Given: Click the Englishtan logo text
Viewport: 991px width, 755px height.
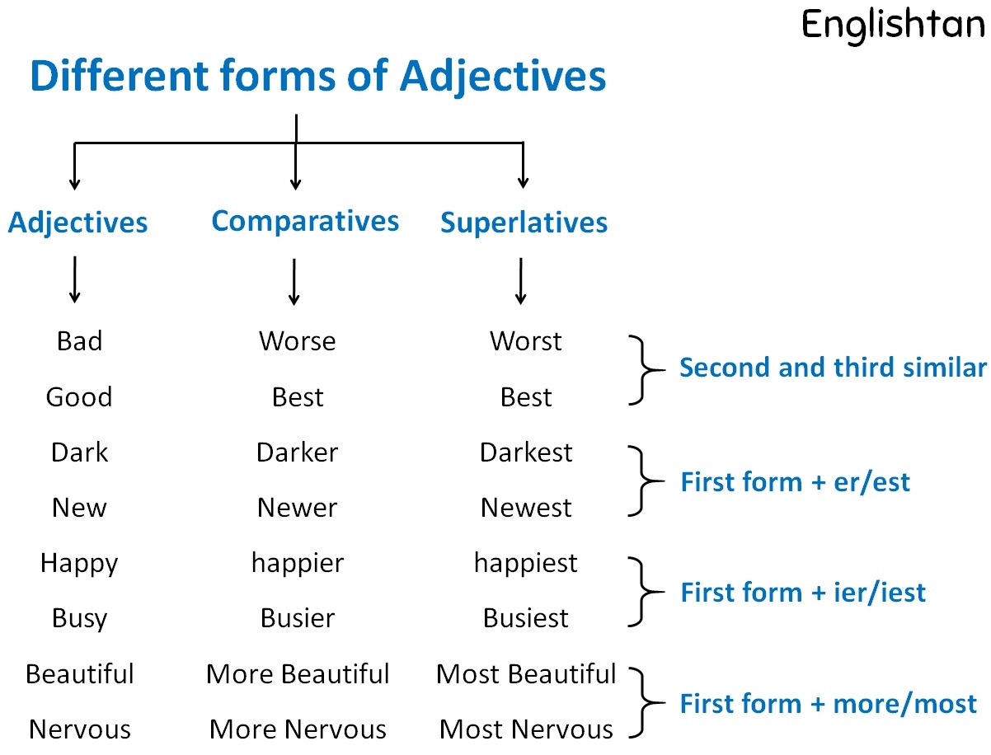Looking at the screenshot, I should coord(893,24).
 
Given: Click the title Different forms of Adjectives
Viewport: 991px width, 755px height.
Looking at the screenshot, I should coord(317,77).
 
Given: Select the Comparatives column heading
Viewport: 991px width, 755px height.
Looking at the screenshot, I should coord(305,221).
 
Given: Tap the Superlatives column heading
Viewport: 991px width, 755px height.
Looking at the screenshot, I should coord(524,223).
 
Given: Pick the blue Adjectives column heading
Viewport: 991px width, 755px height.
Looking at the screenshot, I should coord(78,223).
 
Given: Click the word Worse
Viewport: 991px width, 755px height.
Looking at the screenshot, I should coord(297,341).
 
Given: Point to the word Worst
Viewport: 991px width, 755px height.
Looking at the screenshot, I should coord(525,341).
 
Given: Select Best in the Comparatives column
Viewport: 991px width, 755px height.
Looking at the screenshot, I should coord(297,397).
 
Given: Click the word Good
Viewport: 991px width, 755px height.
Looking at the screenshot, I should coord(79,397).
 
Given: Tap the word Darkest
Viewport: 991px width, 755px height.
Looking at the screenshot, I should coord(526,453).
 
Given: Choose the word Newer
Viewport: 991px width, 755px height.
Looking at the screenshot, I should coord(297,508).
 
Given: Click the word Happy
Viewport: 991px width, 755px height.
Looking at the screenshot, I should coord(79,564).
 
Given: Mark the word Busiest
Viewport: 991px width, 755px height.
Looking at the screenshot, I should coord(526,618).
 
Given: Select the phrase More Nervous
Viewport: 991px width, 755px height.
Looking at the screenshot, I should coord(298,729).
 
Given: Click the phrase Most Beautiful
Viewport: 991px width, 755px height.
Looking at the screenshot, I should coord(526,674).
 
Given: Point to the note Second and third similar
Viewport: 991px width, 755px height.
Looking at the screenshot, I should coord(832,368).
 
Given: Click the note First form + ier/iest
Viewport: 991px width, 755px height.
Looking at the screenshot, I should coord(802,593).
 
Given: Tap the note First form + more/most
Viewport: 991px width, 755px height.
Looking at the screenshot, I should coord(828,704).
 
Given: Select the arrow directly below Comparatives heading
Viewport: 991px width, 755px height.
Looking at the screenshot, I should coord(294,282).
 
